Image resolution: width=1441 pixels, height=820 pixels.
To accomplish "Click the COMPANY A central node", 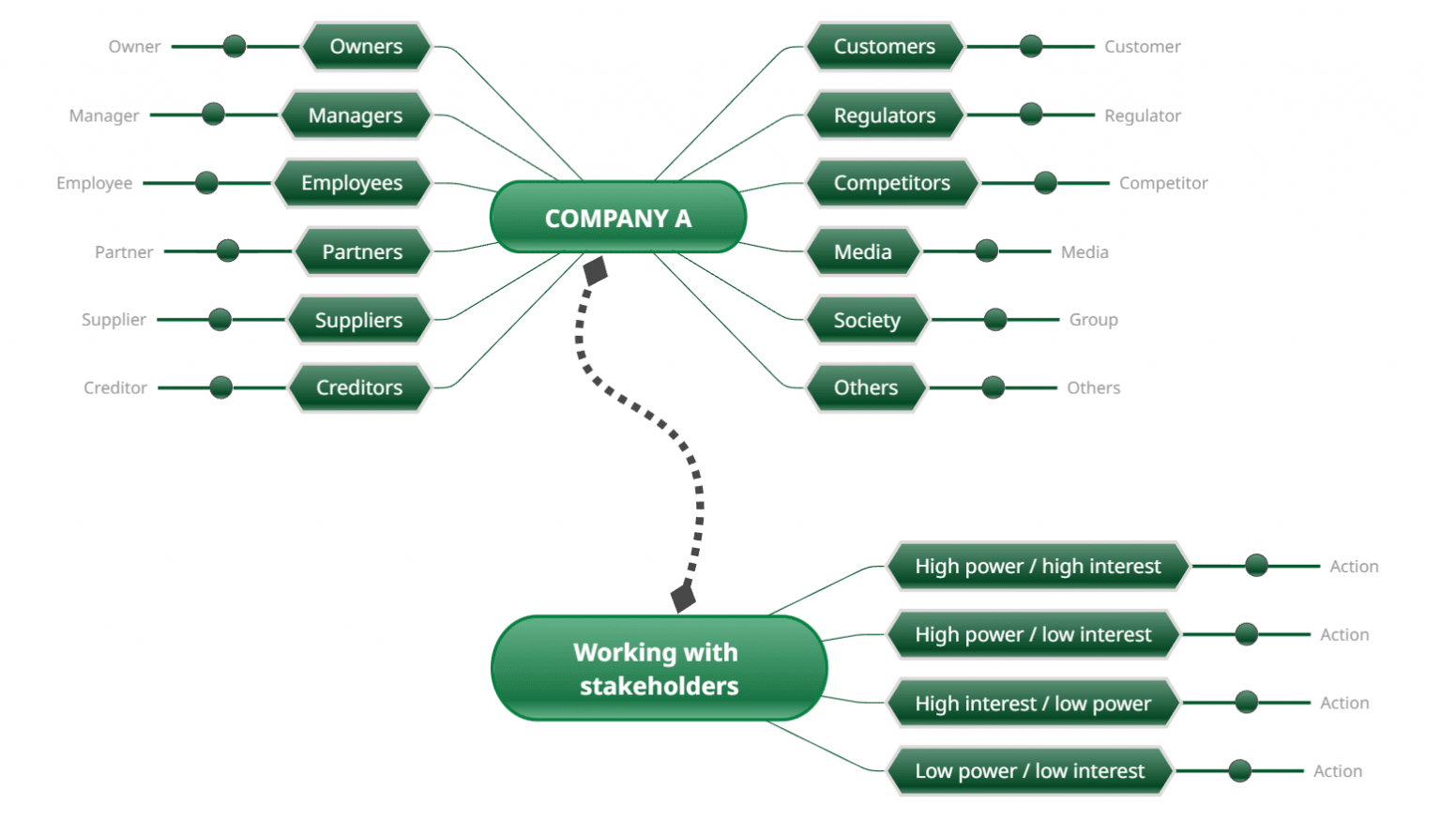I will point(617,218).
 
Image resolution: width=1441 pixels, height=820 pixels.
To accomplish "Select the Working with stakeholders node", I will point(658,668).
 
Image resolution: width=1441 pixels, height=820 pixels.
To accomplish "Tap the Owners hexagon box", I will point(366,46).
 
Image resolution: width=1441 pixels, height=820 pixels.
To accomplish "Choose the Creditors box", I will point(359,387).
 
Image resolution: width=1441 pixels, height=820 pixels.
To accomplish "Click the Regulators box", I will point(884,115).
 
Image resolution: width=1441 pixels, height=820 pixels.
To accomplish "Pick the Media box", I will point(862,251).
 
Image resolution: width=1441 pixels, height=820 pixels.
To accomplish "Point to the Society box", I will point(866,320).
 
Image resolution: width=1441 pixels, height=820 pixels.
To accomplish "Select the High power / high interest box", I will point(1038,566).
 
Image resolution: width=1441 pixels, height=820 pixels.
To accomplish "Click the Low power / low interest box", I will point(1029,771).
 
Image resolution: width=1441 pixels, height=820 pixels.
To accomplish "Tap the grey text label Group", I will point(1093,320).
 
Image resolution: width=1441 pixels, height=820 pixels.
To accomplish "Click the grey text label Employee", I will point(94,183).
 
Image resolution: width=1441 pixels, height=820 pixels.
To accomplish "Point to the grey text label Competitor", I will point(1162,183).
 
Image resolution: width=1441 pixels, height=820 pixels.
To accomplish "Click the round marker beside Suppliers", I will point(220,320).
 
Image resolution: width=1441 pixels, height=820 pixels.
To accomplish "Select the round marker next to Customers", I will point(1031,46).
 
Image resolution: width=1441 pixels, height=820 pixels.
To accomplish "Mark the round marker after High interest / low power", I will point(1247,702).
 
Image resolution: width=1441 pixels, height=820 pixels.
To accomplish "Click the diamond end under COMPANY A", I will point(596,271).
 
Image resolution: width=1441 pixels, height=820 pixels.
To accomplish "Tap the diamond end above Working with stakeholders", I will point(683,597).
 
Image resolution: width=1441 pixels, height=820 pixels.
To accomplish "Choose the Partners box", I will point(362,251).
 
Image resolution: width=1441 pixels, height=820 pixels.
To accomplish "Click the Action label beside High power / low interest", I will point(1343,635).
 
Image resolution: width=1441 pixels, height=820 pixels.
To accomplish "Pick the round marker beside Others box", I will point(994,387).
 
